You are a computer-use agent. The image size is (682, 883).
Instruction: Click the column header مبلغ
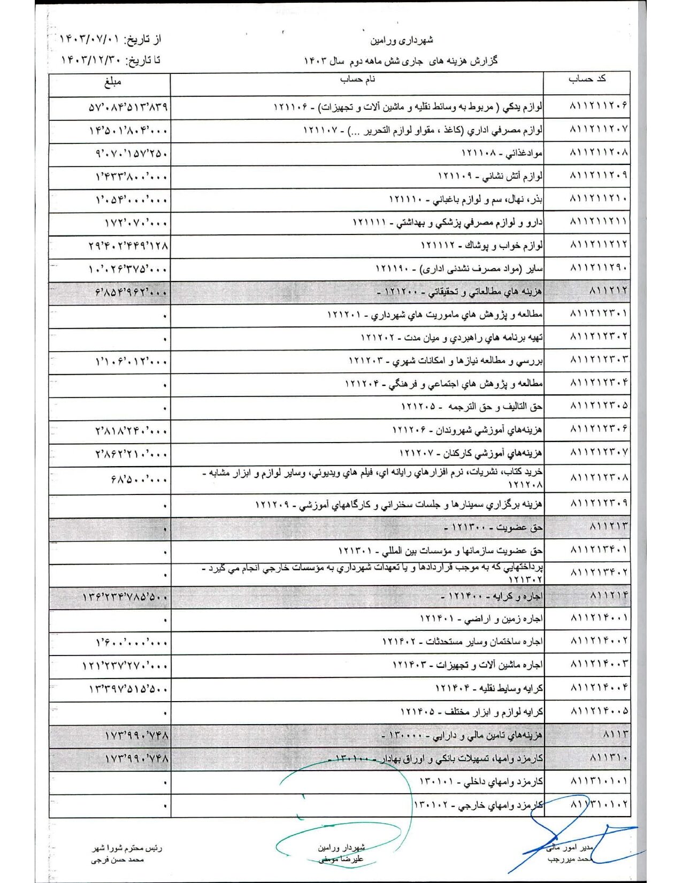click(x=112, y=82)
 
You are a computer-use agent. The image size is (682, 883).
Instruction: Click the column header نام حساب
click(x=357, y=80)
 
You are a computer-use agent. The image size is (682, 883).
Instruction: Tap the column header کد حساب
click(x=587, y=79)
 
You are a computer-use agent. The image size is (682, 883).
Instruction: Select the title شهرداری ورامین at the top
click(x=402, y=40)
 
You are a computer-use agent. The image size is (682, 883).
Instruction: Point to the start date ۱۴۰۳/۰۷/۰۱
click(x=88, y=40)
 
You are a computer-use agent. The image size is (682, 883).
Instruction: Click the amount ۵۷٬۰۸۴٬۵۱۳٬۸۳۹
click(x=128, y=107)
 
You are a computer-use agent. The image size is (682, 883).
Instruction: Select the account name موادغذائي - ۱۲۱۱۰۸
click(x=502, y=154)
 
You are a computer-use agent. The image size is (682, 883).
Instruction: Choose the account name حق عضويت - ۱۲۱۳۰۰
click(x=493, y=528)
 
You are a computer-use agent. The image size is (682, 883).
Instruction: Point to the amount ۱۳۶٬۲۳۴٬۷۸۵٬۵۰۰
click(x=126, y=597)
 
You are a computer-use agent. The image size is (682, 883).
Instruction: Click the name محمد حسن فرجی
click(x=117, y=859)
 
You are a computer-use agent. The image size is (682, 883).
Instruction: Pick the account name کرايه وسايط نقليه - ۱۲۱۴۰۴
click(x=489, y=688)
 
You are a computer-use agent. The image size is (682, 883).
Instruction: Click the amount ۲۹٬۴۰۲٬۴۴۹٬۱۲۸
click(x=128, y=246)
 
